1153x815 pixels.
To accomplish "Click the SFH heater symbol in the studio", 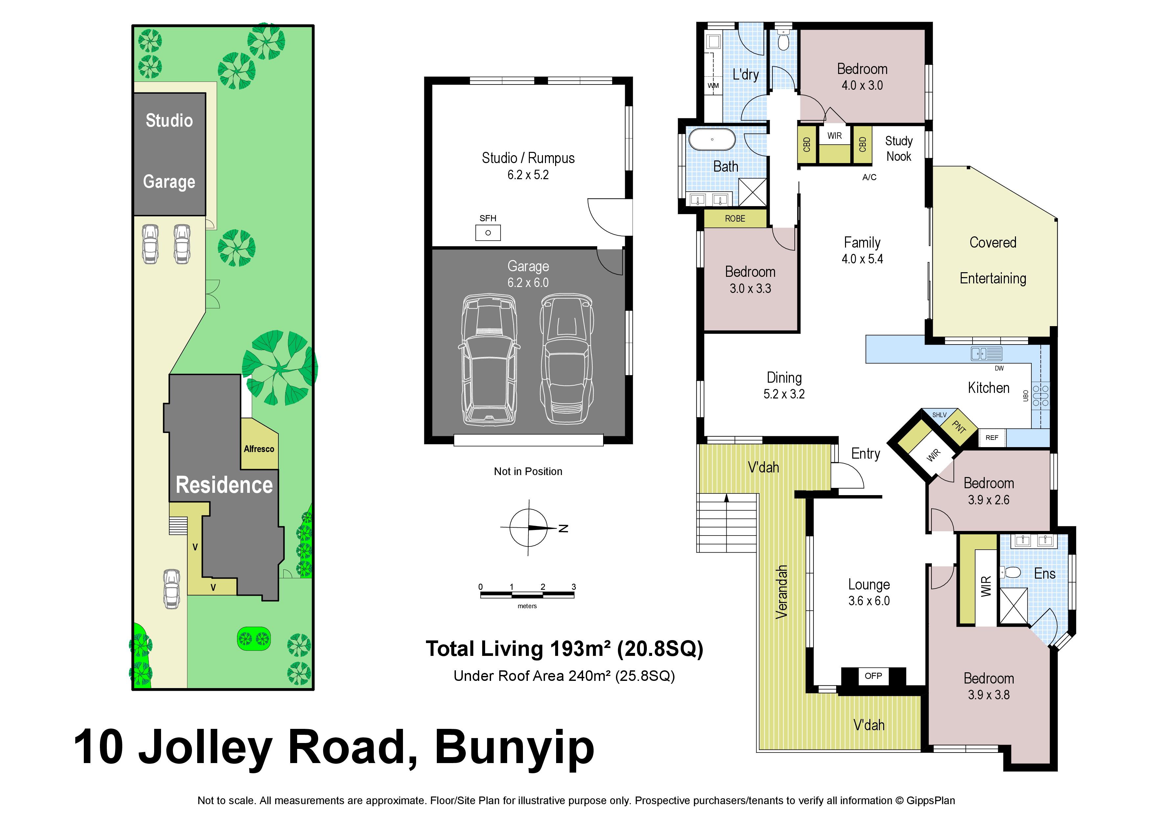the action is point(488,232).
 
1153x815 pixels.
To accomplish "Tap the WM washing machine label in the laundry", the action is point(713,86).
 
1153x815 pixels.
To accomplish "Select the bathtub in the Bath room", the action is point(712,140).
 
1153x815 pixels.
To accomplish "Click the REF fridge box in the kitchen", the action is point(992,437).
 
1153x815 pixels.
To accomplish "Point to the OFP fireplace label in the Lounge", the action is point(873,676).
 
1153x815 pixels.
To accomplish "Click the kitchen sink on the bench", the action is point(987,353).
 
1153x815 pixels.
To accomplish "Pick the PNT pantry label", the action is point(959,427).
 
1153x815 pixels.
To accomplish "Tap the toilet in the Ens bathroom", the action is point(1010,572).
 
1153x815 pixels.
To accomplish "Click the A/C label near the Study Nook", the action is point(869,177).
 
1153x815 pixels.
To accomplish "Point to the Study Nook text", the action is point(898,149).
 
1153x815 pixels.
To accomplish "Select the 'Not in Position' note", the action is point(528,471).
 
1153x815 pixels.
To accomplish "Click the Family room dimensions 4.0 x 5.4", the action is point(862,259).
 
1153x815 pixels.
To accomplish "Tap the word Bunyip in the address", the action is point(515,748).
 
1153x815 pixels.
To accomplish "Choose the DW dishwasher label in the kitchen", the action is point(999,368).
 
